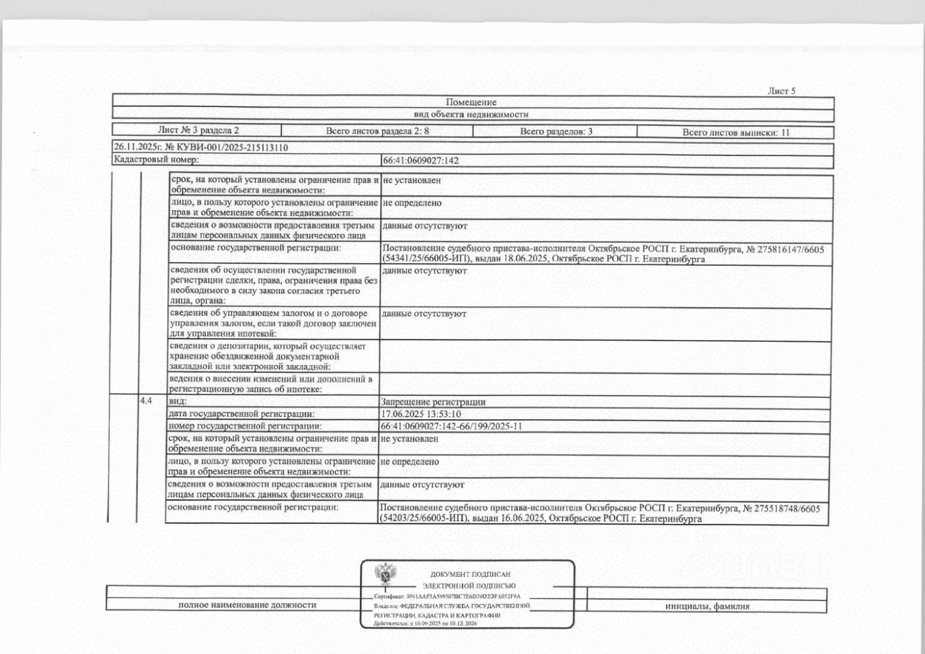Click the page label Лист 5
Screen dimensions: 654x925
pos(781,90)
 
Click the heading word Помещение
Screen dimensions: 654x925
pos(471,102)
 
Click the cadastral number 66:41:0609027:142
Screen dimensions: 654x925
pos(421,160)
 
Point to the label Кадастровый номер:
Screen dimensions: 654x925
pos(156,159)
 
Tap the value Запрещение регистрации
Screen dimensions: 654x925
pos(433,402)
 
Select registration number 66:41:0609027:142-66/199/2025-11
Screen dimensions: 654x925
pos(451,426)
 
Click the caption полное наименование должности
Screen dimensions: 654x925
pos(247,606)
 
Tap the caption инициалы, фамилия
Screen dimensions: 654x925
pos(706,606)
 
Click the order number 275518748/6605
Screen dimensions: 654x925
pos(788,508)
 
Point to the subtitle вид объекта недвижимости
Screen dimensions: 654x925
pos(471,114)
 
